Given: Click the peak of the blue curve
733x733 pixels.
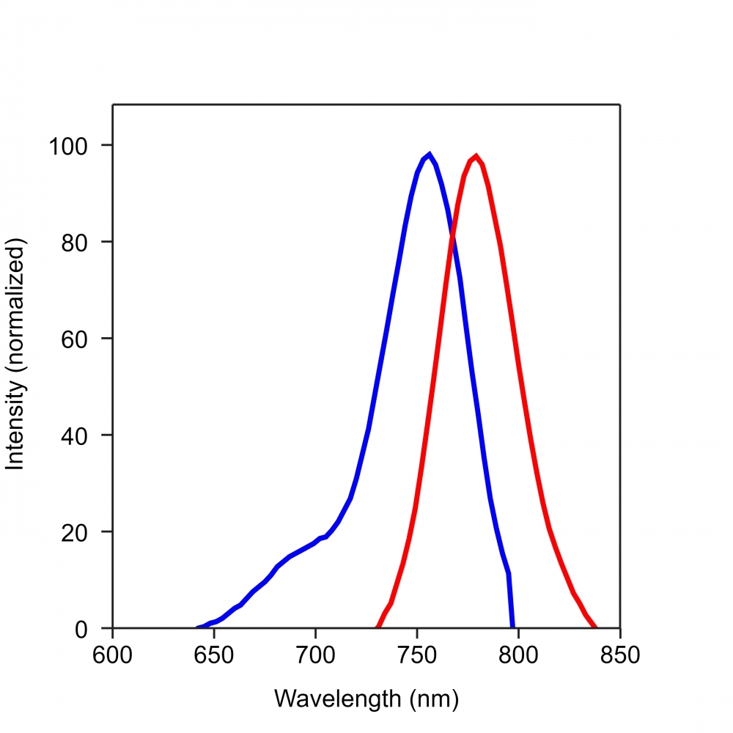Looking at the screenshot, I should point(429,154).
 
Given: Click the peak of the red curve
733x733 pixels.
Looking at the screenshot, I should point(476,155).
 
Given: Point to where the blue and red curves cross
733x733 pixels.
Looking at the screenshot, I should point(452,236).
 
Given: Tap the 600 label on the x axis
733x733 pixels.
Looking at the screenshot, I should point(112,655).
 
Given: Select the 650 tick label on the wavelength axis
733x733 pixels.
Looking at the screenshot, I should point(214,655).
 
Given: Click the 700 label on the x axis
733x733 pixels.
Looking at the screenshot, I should point(315,655).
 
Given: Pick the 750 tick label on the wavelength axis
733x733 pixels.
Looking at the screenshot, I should point(417,655).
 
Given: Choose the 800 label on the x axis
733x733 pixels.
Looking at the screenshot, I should point(518,655).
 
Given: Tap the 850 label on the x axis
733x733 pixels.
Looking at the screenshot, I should point(620,655).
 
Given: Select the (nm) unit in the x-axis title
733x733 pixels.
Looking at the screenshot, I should point(432,699).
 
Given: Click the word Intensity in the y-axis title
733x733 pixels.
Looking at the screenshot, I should point(15,429).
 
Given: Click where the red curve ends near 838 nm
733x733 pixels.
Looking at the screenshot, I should point(595,627).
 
